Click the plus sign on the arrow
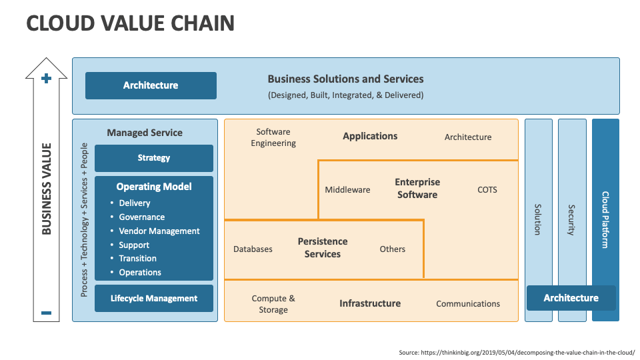[x=46, y=79]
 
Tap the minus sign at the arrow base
[x=46, y=313]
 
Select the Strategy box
[x=154, y=158]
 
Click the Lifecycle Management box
[x=154, y=299]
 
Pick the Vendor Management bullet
[x=159, y=231]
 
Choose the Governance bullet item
[x=141, y=217]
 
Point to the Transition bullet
[x=137, y=258]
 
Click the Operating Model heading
[x=154, y=187]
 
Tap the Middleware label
[x=347, y=190]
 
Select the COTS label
[x=487, y=190]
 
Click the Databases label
[x=253, y=249]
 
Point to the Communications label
[x=468, y=303]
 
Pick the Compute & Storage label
[x=273, y=304]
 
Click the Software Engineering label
[x=273, y=137]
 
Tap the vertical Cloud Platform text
[x=605, y=220]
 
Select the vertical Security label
[x=571, y=220]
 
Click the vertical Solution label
[x=538, y=220]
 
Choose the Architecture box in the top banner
[x=151, y=85]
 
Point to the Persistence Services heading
[x=323, y=247]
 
